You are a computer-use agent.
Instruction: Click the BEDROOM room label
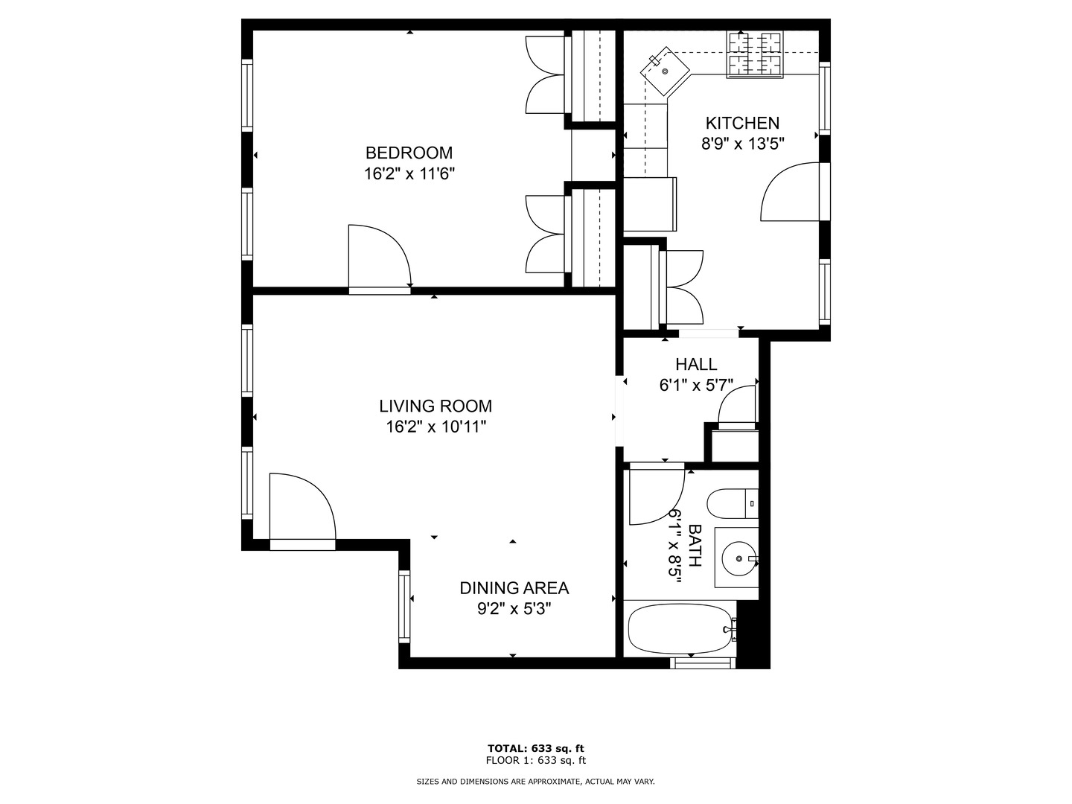point(409,153)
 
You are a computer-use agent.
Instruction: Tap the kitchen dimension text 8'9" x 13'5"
point(742,144)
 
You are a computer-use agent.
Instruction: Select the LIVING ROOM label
point(435,406)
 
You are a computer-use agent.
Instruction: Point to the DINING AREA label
point(514,588)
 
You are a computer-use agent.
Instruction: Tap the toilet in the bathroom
point(733,503)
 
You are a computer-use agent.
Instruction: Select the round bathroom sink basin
point(739,558)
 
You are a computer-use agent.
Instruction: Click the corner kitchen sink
point(665,71)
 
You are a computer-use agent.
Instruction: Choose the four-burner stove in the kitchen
point(755,54)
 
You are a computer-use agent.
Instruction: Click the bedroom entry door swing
point(380,256)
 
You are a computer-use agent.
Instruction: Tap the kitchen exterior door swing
point(790,192)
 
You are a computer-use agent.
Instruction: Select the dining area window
point(404,607)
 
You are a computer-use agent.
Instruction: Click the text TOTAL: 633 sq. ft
point(536,748)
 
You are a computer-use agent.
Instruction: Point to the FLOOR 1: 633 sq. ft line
point(536,760)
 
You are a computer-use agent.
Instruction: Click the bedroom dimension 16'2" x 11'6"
point(409,173)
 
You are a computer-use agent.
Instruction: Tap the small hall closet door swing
point(736,407)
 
